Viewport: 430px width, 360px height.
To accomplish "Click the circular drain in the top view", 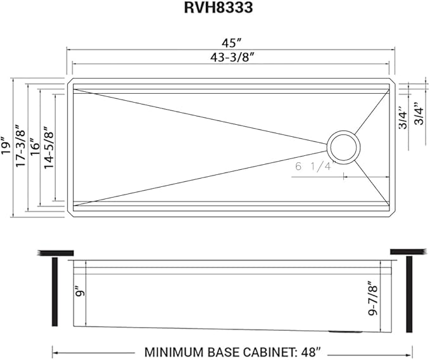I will click(x=343, y=148).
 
